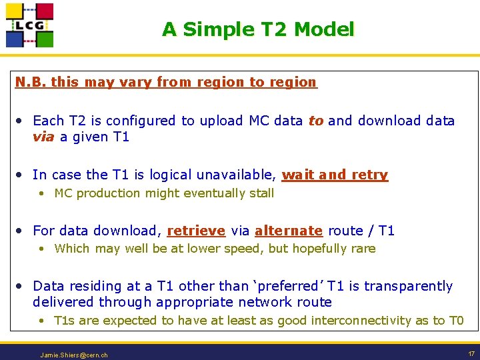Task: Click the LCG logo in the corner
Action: [29, 25]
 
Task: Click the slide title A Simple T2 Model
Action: [258, 29]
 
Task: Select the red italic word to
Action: [315, 121]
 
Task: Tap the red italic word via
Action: [44, 137]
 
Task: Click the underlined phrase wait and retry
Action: [335, 175]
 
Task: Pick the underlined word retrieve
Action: [196, 231]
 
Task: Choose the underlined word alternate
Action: [289, 231]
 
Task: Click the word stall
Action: [261, 193]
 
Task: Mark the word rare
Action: [363, 249]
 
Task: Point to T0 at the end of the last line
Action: [455, 321]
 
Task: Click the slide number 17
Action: [471, 353]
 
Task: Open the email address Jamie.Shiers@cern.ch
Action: [74, 355]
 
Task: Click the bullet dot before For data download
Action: [21, 231]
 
